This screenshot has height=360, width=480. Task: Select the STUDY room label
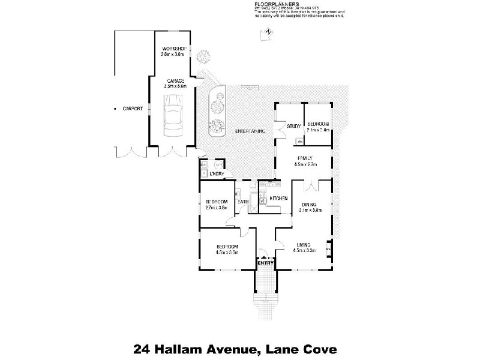(293, 126)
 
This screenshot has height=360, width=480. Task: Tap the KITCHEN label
(279, 198)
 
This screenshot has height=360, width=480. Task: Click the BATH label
(242, 202)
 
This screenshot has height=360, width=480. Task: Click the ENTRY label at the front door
(265, 263)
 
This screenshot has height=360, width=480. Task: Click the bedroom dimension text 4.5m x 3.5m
(228, 253)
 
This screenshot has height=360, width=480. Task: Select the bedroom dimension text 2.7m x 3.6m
(216, 208)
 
